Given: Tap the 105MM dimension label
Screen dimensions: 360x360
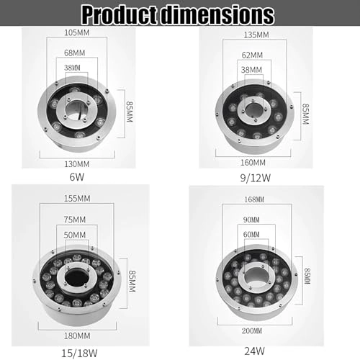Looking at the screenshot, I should [x=76, y=34].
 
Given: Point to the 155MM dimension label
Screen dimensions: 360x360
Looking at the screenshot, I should [x=76, y=197].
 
